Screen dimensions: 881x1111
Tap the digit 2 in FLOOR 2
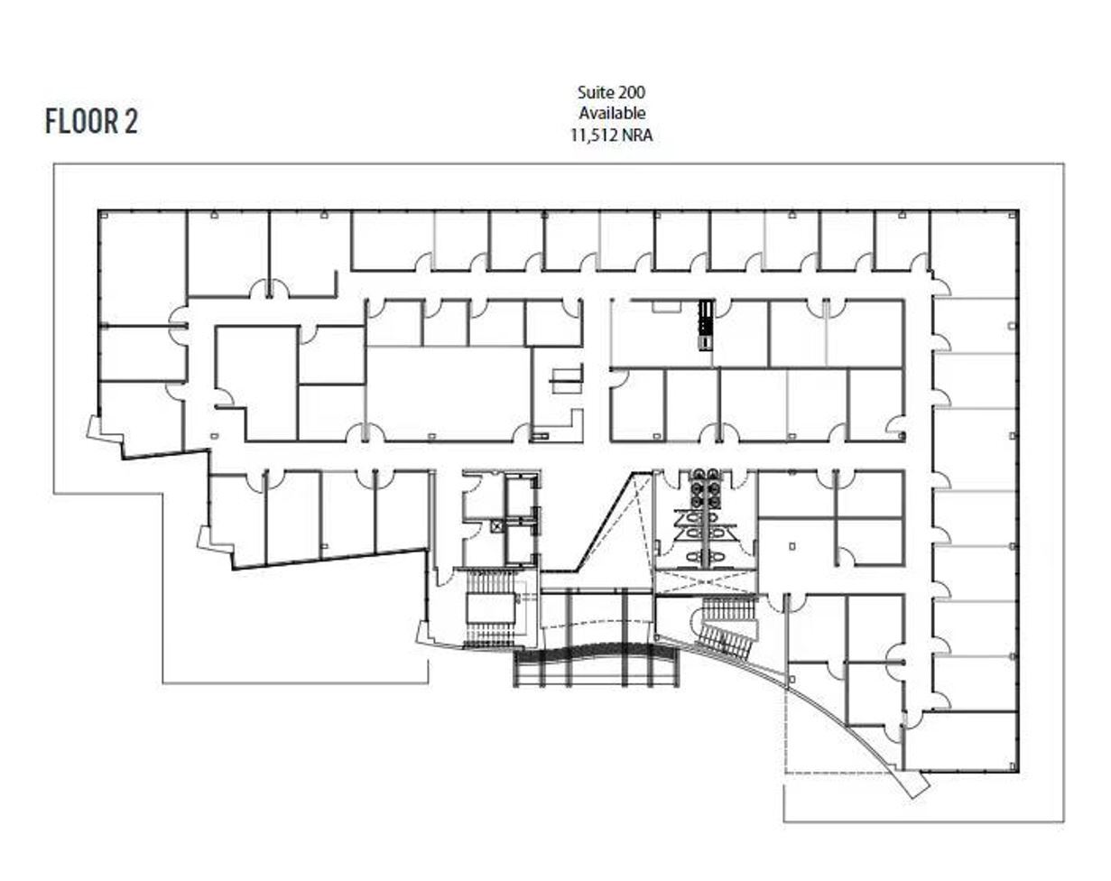pos(131,121)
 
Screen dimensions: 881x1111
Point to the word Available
pos(612,114)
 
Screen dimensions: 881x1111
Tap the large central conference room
pos(449,394)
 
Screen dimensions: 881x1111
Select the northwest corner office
pos(141,266)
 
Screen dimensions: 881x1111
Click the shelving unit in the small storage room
pos(567,379)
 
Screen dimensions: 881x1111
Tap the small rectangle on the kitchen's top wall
pos(666,307)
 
